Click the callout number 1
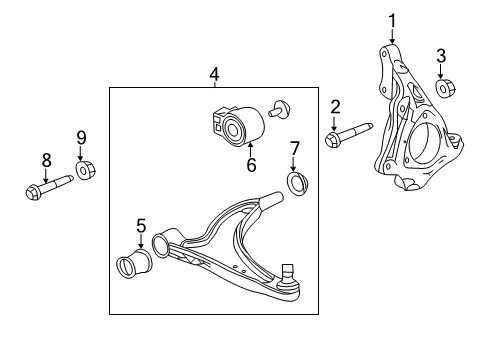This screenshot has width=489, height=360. pos(392,20)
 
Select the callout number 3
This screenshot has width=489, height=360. pos(440,56)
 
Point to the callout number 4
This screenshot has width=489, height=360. pos(214,74)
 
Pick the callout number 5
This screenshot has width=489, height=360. pos(141,226)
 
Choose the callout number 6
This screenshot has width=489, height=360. pos(251,165)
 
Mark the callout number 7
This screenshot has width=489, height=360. pos(294,150)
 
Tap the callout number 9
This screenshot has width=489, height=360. pos(82,137)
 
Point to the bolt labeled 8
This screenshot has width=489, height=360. pos(46,185)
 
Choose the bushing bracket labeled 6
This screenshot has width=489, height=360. pos(237,126)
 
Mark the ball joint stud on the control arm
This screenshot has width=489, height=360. pos(289,272)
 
